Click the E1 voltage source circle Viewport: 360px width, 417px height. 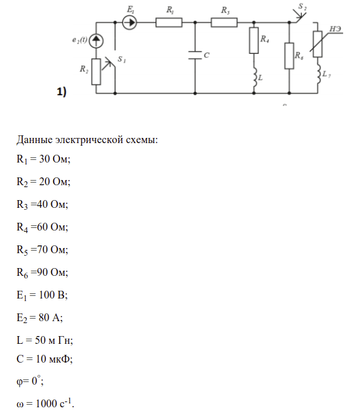[129, 22]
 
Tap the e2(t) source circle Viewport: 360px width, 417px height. [96, 41]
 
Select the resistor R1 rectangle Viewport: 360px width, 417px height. [169, 23]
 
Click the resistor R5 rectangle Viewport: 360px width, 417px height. [224, 23]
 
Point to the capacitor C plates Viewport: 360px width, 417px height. [195, 55]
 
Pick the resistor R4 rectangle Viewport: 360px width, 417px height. [254, 40]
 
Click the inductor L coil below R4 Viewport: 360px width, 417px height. [254, 77]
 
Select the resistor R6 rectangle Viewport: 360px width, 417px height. [289, 56]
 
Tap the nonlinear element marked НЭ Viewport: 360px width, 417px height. [317, 44]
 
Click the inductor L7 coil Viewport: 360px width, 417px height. [319, 74]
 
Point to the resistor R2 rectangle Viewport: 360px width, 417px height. [96, 72]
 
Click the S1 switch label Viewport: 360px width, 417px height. [122, 59]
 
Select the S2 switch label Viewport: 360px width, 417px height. [302, 6]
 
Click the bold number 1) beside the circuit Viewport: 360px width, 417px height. [62, 92]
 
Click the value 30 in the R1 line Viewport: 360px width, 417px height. [45, 159]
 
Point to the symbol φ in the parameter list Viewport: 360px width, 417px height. [19, 381]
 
